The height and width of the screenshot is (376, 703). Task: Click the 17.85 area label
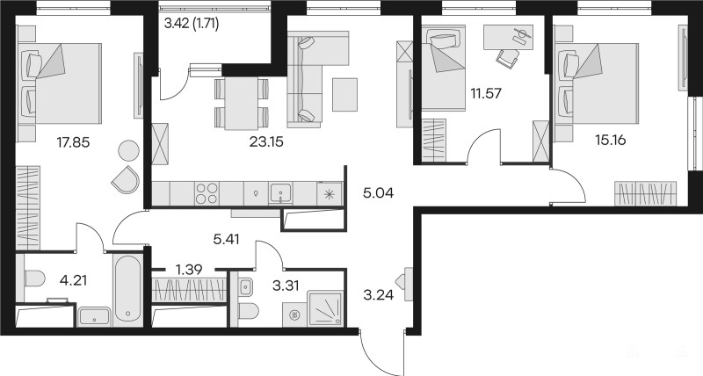(x=73, y=142)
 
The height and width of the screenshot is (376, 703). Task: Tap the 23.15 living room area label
(x=267, y=142)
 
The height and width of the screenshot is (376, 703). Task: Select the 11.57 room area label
(x=486, y=94)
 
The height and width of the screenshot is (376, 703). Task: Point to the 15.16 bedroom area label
(x=610, y=141)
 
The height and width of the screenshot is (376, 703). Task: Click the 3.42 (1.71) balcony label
(x=192, y=24)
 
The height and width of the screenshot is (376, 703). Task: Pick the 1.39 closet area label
(x=189, y=270)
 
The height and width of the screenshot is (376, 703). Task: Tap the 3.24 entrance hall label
(x=379, y=295)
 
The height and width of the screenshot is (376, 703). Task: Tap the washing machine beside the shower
(x=294, y=315)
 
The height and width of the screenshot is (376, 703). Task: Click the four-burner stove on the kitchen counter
(x=207, y=193)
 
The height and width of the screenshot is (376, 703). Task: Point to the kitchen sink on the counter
(x=280, y=194)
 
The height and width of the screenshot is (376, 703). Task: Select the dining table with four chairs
(x=241, y=104)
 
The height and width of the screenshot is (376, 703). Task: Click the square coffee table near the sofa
(x=344, y=95)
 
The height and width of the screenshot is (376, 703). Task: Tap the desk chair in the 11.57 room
(x=508, y=58)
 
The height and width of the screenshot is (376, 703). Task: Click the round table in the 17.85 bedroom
(x=128, y=150)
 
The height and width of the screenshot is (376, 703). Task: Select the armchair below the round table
(x=126, y=179)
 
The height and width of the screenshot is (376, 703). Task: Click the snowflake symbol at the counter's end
(x=330, y=194)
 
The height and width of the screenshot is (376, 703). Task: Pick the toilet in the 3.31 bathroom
(x=249, y=311)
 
